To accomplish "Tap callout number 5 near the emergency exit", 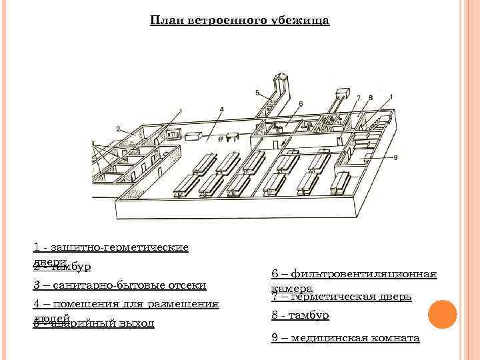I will point(257,92).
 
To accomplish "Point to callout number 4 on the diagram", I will point(221,109).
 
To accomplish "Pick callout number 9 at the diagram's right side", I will point(395,157).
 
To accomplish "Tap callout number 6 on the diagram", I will point(301,103).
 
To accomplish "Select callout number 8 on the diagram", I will point(371,97).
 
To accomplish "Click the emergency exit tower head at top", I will point(279,80).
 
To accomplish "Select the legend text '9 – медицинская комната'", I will point(345,338).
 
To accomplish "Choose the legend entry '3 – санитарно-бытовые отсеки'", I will point(119,285).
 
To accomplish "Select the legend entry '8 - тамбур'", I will point(300,315).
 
